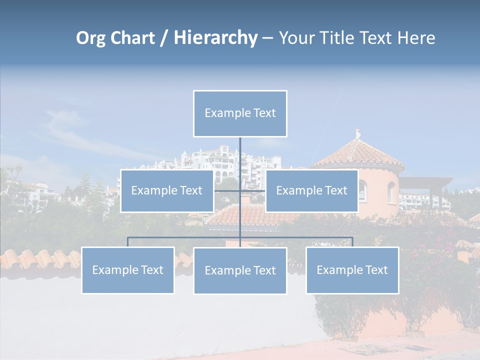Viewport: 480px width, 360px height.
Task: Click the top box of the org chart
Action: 240,113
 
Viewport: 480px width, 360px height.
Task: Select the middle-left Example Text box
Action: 166,190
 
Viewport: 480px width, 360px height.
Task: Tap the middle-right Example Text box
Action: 311,190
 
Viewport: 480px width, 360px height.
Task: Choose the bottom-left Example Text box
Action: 127,270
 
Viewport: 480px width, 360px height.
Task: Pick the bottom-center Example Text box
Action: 240,270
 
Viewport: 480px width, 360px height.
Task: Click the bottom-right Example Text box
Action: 352,270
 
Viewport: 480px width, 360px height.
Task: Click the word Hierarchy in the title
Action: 215,38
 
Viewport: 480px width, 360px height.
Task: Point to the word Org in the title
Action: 91,38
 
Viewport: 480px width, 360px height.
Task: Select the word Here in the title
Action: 416,38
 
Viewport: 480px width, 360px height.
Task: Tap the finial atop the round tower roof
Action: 357,133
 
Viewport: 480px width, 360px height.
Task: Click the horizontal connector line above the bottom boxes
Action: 300,237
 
